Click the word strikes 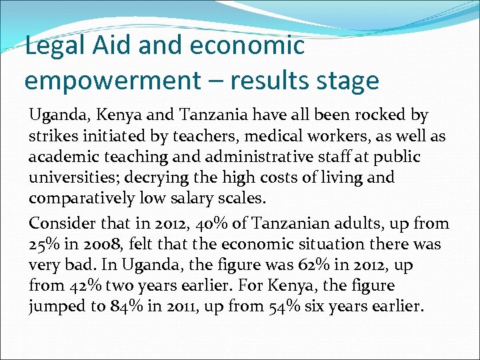[x=53, y=136]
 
